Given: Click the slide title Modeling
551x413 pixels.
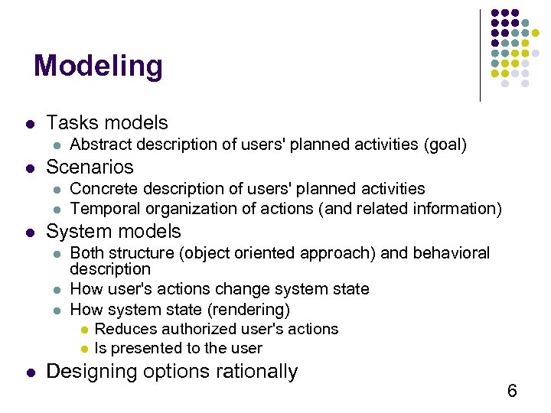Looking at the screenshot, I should coord(98,67).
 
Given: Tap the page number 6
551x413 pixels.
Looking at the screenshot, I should coord(512,392).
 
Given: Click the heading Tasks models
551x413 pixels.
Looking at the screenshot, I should coord(106,122).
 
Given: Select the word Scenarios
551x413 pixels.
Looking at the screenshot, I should coord(90,167).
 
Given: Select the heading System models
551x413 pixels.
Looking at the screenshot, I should coord(113,231).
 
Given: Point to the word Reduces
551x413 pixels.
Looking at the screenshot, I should coord(123,329).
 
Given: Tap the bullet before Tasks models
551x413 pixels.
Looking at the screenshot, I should coord(28,124).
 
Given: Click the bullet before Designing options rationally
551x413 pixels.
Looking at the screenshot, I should coord(28,373).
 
